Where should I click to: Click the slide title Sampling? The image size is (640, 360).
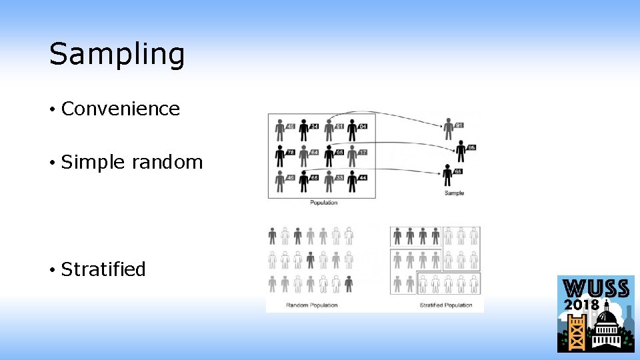pos(117,54)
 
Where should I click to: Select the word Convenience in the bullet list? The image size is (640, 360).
pos(121,109)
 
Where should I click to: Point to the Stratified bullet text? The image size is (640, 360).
pos(103,269)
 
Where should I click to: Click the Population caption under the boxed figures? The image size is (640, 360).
pos(324,203)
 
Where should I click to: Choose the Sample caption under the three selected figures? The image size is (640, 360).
pos(454,193)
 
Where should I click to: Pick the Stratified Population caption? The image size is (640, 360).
pos(446,305)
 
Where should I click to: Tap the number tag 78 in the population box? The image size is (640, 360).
pos(291,152)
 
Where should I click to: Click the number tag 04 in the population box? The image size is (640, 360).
pos(363,126)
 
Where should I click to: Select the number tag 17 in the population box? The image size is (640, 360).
pos(363,152)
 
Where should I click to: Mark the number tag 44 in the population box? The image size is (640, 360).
pos(363,178)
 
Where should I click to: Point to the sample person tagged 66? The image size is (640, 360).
pos(447,175)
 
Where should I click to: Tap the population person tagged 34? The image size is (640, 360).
pos(303,129)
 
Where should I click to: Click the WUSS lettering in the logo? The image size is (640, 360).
pos(596,289)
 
